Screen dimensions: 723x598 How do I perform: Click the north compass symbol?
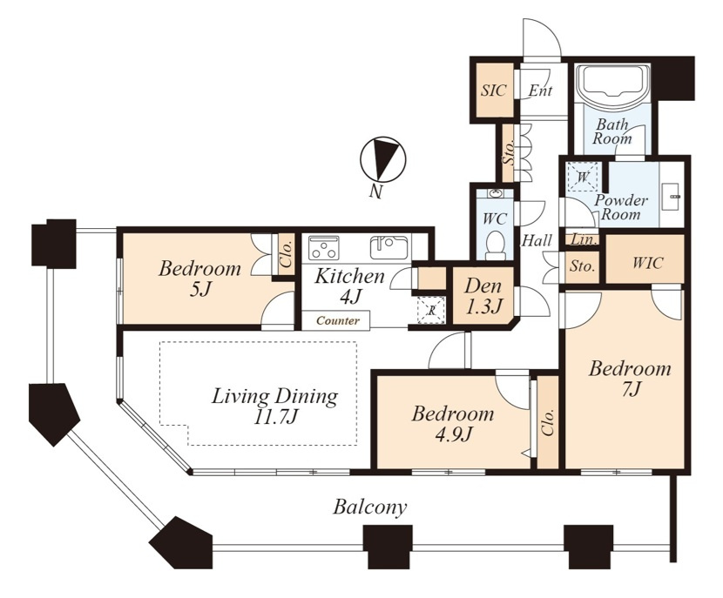(x=382, y=159)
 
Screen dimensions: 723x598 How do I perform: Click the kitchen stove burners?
(x=324, y=248)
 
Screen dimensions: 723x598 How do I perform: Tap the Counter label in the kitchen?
(x=338, y=320)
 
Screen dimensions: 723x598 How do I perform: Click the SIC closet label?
(x=493, y=91)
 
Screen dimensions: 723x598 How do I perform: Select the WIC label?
(x=647, y=264)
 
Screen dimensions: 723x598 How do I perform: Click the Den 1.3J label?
(x=483, y=296)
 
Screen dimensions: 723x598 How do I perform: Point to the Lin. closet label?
(x=584, y=240)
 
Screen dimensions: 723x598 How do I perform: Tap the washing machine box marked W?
(x=583, y=177)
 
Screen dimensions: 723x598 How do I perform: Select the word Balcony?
(x=370, y=507)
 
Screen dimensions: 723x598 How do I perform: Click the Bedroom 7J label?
(x=630, y=380)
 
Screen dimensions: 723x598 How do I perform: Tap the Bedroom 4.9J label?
(x=453, y=424)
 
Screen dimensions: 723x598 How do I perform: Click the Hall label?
(x=537, y=240)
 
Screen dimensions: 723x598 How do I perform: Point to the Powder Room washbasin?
(x=671, y=197)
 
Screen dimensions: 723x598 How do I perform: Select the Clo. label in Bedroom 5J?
(x=287, y=254)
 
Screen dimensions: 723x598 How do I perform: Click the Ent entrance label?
(x=540, y=91)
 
